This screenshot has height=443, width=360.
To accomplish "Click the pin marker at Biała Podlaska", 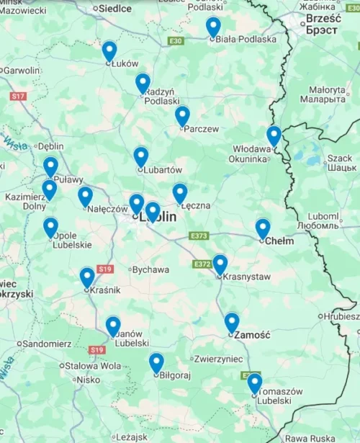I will click(x=213, y=27).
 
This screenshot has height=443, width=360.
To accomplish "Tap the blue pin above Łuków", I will click(x=109, y=50).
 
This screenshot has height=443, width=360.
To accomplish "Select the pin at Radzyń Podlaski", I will click(x=143, y=83).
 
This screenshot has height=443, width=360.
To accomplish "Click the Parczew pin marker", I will click(x=182, y=115).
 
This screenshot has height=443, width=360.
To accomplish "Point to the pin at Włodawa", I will click(x=274, y=135).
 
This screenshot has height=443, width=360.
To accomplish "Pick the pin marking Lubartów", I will click(x=141, y=156).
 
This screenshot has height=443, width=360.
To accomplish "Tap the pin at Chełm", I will click(x=263, y=228).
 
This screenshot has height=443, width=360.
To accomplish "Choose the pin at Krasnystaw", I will click(x=220, y=264).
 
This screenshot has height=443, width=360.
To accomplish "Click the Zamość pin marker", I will click(x=231, y=322).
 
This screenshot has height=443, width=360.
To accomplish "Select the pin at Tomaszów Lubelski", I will click(x=254, y=382).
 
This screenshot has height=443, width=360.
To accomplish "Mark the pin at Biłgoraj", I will click(x=156, y=362).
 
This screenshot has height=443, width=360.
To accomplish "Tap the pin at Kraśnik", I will click(x=87, y=277).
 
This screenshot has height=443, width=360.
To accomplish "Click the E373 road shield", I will click(x=199, y=236).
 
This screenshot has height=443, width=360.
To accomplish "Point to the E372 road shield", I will click(x=202, y=264).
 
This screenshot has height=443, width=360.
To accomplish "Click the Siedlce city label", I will click(x=116, y=9).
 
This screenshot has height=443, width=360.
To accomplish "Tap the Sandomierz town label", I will click(x=47, y=344).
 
